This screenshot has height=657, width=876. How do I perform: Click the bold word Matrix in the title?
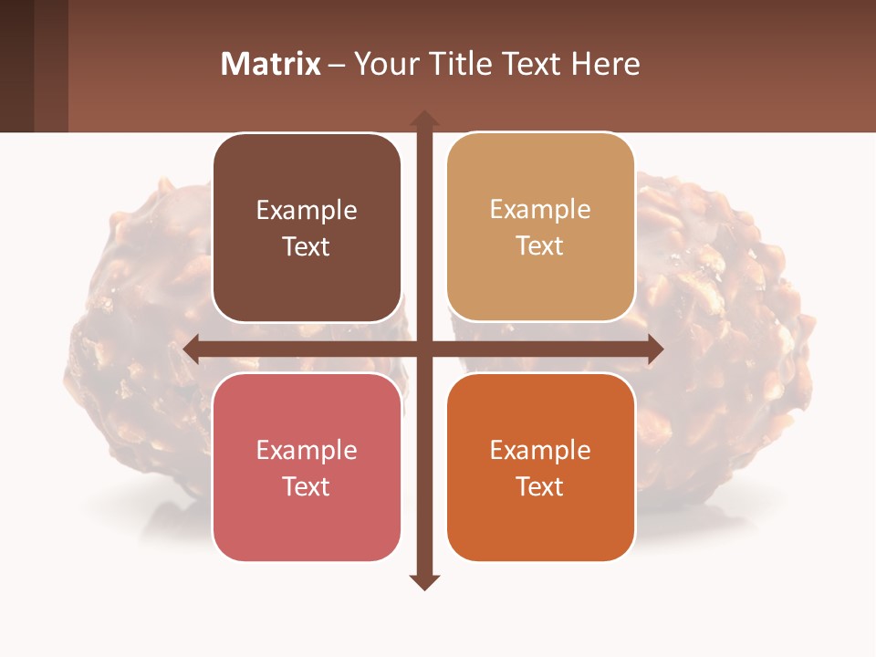coord(270,64)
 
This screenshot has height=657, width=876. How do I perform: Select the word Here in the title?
coord(605,64)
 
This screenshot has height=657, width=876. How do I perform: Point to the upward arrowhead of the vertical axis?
coord(423,119)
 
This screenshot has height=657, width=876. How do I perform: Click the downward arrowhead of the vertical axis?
coord(423,581)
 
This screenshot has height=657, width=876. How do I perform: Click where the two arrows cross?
coord(423,349)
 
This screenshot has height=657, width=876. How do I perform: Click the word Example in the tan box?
coord(540,210)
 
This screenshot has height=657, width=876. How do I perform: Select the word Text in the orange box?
coord(540,486)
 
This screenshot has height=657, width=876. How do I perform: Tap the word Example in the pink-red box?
coord(307,450)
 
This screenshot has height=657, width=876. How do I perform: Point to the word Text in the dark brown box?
coord(307,247)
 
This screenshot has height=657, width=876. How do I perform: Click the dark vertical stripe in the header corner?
coord(16,66)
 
